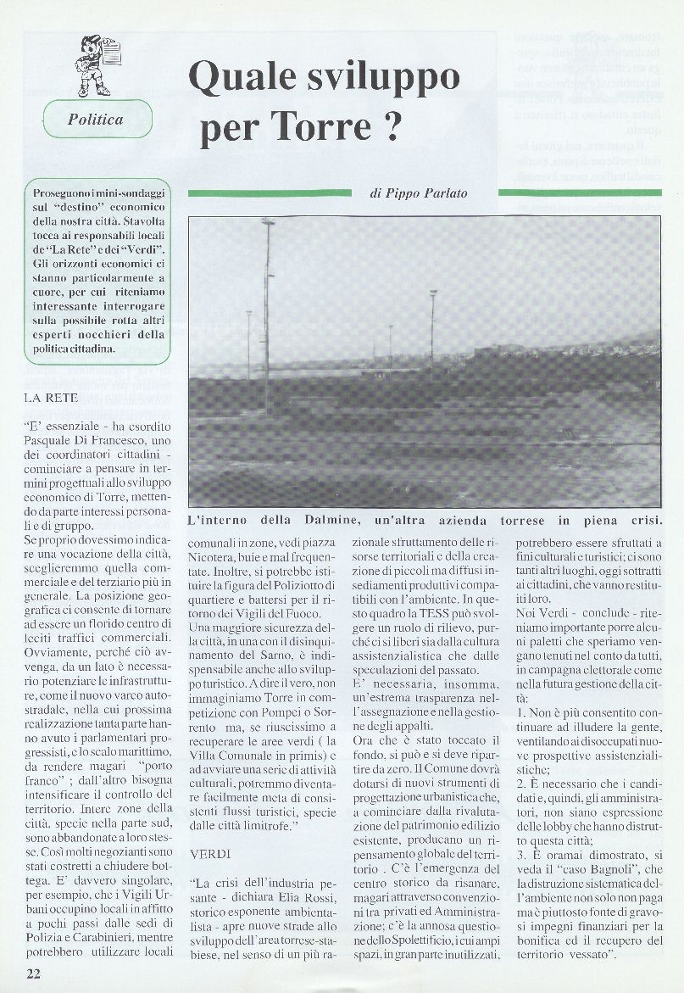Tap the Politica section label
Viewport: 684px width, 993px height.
[x=95, y=119]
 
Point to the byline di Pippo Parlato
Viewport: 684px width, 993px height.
[x=419, y=193]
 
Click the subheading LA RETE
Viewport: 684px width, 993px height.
[x=52, y=397]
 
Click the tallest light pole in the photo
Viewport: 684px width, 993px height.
[x=267, y=305]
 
